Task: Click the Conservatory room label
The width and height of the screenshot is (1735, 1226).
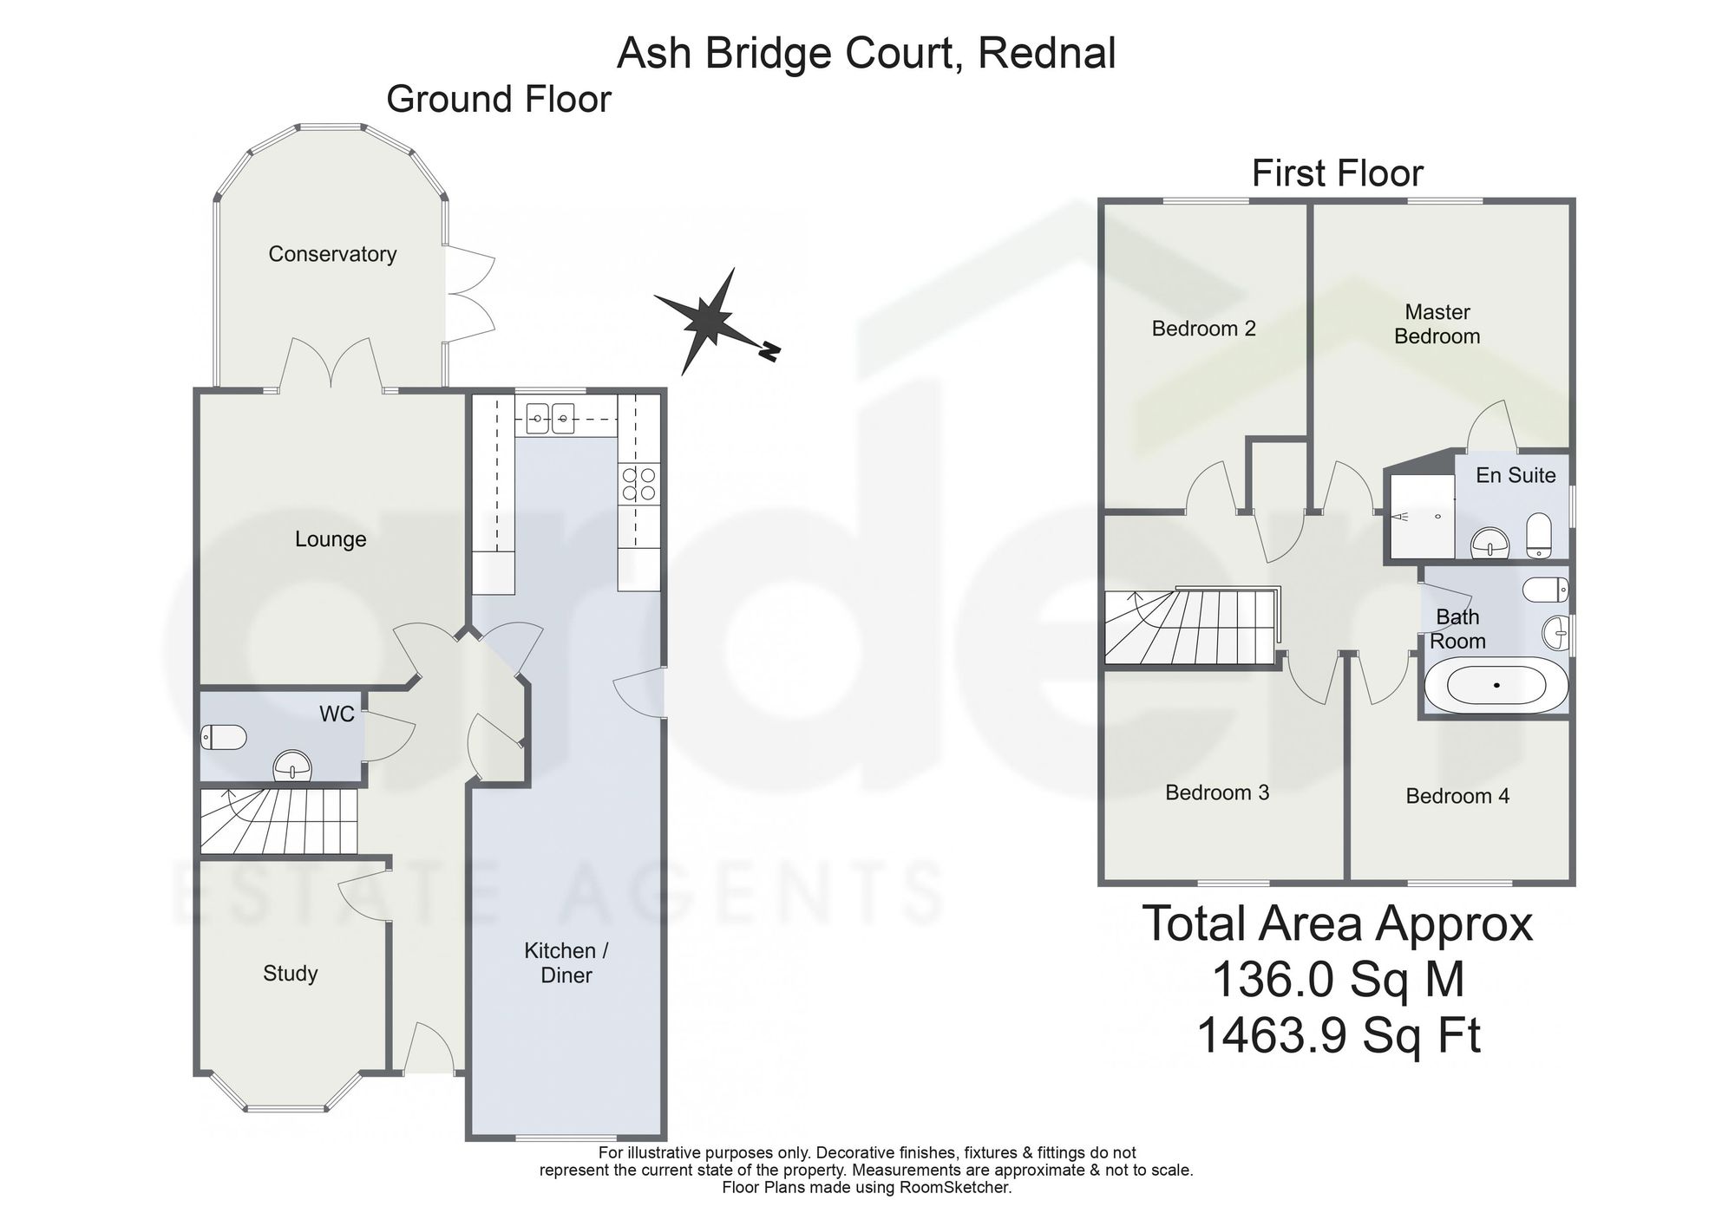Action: click(332, 254)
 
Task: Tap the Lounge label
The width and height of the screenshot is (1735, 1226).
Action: click(331, 539)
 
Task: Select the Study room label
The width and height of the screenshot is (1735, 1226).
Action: click(291, 974)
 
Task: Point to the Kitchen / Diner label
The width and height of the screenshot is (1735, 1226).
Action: click(566, 962)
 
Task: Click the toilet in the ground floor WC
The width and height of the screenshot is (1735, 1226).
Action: click(224, 738)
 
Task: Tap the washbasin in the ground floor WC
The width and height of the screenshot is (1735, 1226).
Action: click(293, 766)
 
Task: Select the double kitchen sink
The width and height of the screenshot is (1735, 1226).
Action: click(551, 421)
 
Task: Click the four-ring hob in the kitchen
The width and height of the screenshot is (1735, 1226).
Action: click(638, 484)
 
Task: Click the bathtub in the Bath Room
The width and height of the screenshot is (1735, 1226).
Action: click(1496, 685)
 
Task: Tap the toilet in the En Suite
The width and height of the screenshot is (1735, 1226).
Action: click(1538, 535)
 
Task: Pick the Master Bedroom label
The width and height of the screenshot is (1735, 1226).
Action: click(1437, 324)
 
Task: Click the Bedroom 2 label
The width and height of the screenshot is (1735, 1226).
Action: click(1204, 329)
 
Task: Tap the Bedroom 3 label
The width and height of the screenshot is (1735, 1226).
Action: click(1217, 792)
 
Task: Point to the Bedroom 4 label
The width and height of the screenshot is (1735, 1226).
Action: click(1457, 796)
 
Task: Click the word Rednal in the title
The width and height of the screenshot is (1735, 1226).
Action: click(1047, 54)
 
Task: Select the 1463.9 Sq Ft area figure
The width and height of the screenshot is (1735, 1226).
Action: click(1339, 1035)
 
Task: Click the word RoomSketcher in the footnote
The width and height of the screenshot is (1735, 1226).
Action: click(961, 1188)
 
